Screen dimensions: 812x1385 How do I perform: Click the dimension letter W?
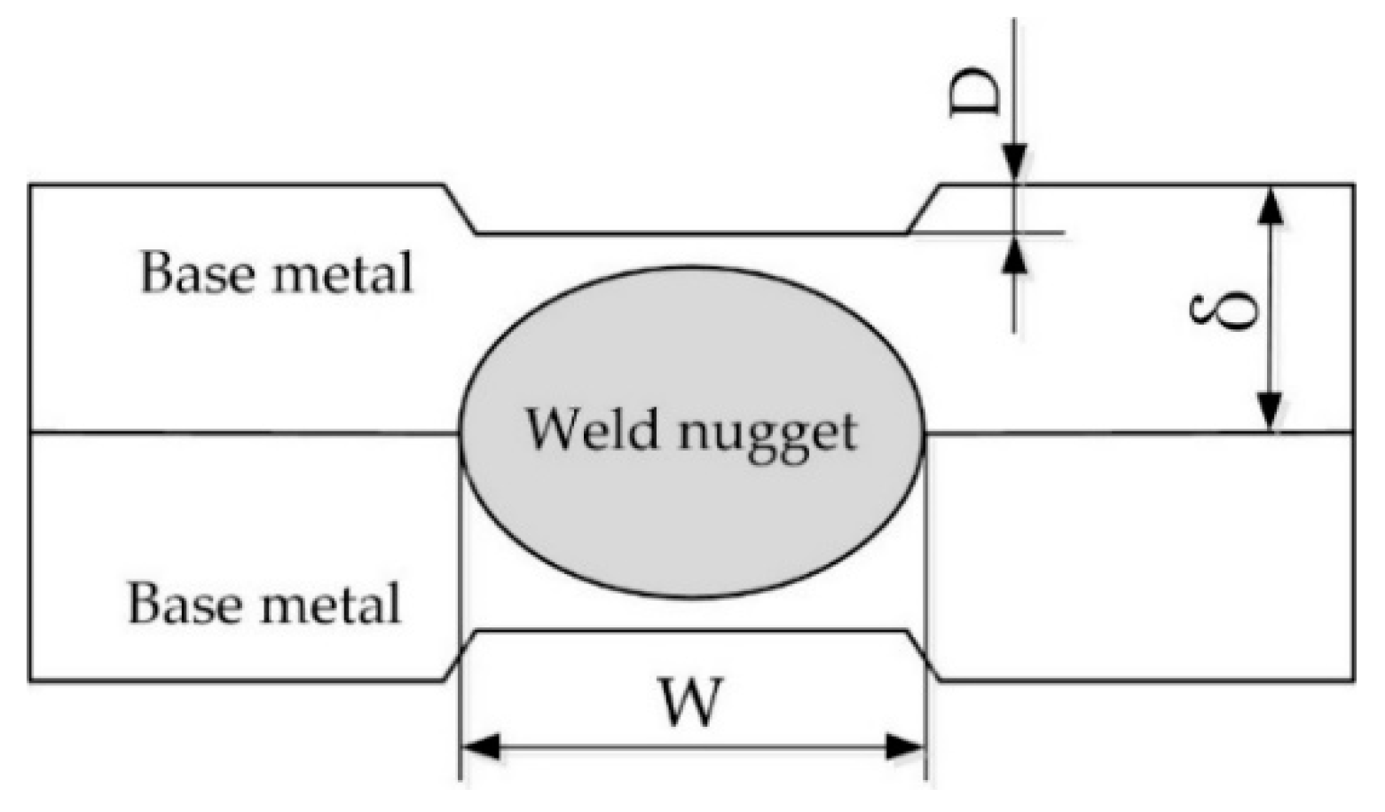(x=691, y=701)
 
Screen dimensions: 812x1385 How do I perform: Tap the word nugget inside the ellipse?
(x=767, y=433)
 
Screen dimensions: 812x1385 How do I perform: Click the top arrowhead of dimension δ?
(x=1271, y=204)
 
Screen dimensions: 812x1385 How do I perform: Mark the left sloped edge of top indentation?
(x=460, y=209)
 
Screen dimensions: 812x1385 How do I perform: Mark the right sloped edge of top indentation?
(x=924, y=209)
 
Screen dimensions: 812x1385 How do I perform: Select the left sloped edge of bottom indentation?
(x=460, y=656)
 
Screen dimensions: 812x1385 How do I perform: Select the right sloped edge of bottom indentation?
(x=924, y=656)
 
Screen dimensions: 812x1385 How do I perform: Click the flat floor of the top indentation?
(x=691, y=234)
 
